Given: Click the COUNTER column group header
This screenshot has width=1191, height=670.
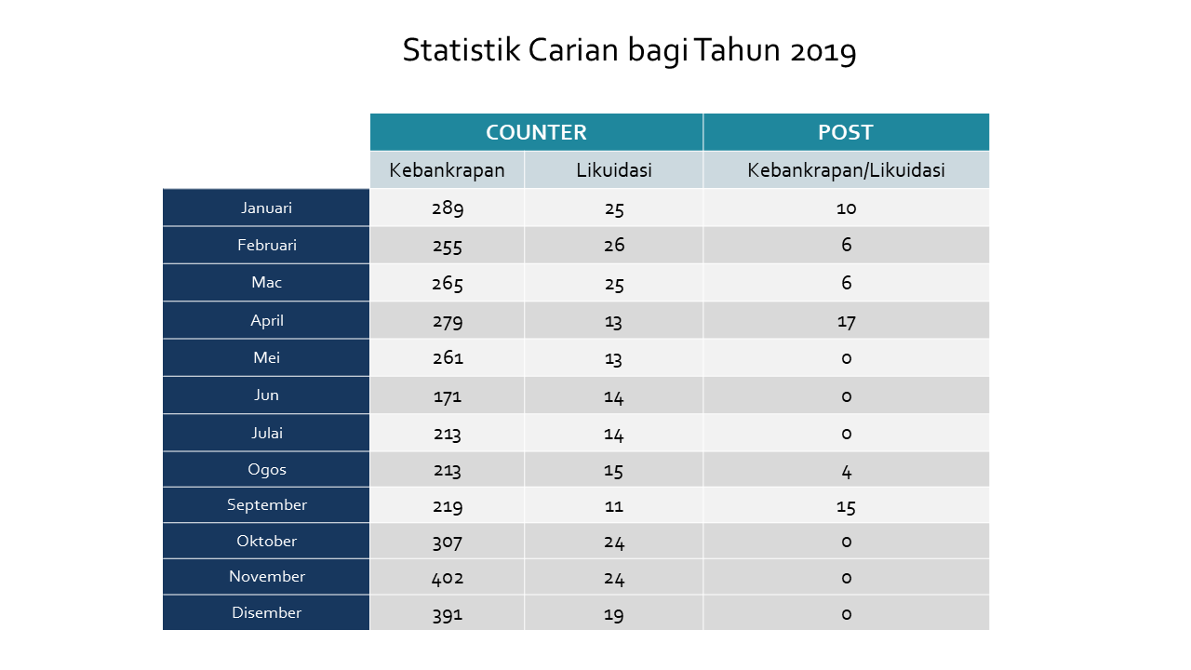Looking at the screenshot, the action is click(536, 132).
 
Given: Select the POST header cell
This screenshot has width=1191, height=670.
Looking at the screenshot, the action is click(846, 132).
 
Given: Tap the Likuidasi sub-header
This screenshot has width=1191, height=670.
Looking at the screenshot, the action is click(614, 170).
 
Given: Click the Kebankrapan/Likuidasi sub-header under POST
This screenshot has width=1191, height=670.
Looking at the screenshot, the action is click(846, 170).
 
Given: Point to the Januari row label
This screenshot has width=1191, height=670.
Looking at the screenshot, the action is click(266, 208).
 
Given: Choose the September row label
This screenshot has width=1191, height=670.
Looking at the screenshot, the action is click(267, 505).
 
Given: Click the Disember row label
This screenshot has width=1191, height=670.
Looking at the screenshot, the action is click(267, 612).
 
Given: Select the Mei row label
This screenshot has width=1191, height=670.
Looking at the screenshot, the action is click(266, 357).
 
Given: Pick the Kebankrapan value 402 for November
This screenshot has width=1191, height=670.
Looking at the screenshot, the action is click(448, 578).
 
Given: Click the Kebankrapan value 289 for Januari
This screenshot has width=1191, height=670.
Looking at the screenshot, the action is click(448, 208).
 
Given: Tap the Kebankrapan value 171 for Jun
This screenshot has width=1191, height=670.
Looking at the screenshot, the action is click(448, 396).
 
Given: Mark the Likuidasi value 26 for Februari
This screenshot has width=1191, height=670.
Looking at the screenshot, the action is click(614, 245).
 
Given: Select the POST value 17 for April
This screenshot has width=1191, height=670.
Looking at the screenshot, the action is click(847, 322).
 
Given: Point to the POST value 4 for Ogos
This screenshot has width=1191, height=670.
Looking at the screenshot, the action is click(847, 472).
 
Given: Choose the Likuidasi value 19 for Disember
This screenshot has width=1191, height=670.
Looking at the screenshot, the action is click(613, 615).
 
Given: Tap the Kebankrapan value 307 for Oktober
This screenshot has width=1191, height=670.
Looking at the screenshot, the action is click(448, 543).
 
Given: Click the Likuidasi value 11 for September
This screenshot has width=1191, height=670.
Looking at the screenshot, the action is click(614, 506).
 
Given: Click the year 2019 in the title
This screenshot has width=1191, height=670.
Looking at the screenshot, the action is click(823, 51).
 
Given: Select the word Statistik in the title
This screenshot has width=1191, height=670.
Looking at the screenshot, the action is click(461, 50).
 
